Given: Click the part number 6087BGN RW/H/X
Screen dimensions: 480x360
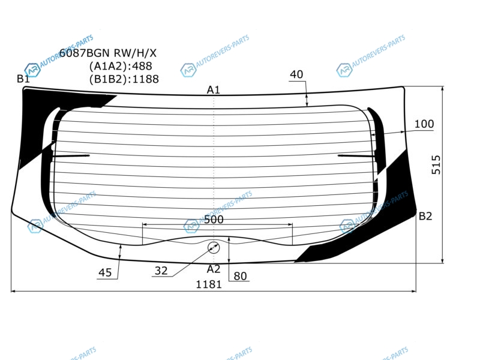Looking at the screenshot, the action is point(108,53).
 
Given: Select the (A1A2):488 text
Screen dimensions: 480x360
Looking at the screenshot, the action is point(121,66).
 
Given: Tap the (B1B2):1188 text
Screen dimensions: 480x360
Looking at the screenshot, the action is point(124,79).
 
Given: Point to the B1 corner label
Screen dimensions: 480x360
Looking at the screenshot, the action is point(23,79).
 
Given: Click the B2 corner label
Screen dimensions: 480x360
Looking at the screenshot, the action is point(425,217).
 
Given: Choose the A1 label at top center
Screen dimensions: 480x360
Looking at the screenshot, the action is point(214,90).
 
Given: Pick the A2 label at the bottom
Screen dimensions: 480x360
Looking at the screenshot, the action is point(214,269).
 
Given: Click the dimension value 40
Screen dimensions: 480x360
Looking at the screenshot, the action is point(296,74).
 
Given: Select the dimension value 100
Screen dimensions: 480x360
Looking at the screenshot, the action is point(424,124).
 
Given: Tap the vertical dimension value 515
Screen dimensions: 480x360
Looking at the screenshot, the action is point(436,164).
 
